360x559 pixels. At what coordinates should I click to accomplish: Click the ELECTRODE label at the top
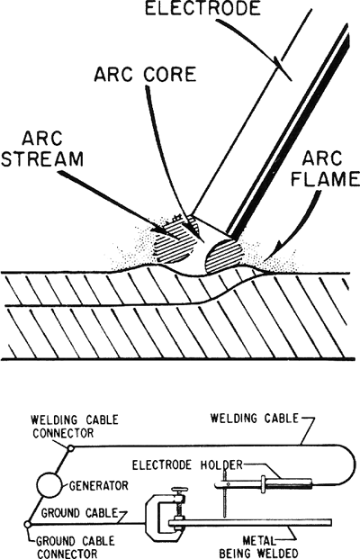coord(202,8)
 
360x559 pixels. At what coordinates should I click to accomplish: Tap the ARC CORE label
coord(145,74)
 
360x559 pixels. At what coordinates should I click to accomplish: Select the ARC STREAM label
coord(42,149)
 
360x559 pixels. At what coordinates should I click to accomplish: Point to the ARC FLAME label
coord(325,169)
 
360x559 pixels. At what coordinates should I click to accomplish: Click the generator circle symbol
coord(49,485)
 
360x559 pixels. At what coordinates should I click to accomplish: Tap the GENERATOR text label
coord(98,485)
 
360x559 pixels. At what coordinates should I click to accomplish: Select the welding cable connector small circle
coord(70,448)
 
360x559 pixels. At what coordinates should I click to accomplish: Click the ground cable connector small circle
coord(27,525)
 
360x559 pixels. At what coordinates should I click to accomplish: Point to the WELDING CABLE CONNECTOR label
coord(75,427)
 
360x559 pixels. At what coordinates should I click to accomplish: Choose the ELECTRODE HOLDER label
coord(187,464)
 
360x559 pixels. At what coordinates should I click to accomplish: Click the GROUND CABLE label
coord(79,513)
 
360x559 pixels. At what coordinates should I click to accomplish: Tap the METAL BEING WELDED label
coord(258,547)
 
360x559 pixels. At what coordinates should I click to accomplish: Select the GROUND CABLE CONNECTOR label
coord(76,547)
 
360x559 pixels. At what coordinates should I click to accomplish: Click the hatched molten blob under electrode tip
coord(224,257)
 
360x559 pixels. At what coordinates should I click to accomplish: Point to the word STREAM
coord(42,158)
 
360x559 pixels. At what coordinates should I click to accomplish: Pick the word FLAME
coord(325,179)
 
